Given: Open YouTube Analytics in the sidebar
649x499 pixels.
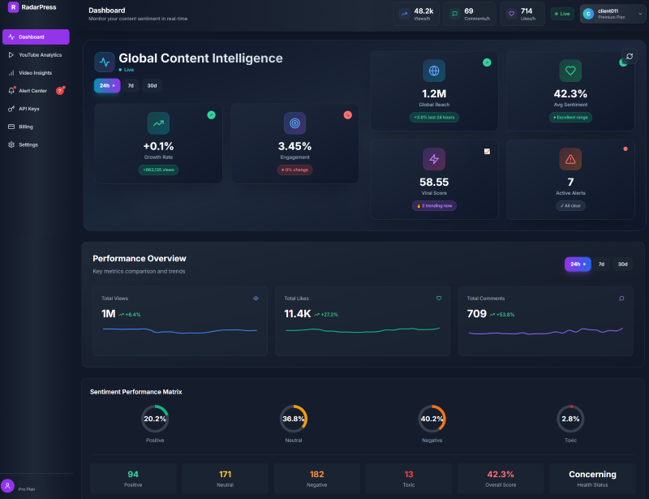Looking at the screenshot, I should (x=40, y=55).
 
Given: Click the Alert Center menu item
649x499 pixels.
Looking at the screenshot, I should (x=32, y=91).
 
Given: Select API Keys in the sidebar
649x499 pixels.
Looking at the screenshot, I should (x=28, y=109).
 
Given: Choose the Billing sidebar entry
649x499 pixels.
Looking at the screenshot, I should (x=26, y=127).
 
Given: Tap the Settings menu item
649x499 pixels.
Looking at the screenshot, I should (x=28, y=144).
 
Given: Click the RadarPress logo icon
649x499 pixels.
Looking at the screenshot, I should (x=14, y=7).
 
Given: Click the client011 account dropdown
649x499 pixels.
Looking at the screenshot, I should (x=612, y=14).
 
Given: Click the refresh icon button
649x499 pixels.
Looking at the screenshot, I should (x=630, y=56).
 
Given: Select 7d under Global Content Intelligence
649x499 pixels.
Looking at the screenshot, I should (x=131, y=85).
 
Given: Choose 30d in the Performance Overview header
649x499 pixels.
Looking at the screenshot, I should (x=622, y=264).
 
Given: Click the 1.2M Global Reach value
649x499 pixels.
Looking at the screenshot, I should (x=434, y=93).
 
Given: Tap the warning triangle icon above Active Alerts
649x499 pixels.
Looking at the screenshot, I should (x=570, y=159).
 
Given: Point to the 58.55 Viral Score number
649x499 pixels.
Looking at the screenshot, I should (x=434, y=182).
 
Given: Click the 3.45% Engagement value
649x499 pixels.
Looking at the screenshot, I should (x=294, y=146).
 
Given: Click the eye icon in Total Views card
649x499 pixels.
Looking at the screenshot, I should (x=256, y=299).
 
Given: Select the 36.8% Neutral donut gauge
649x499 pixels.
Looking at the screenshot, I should (x=294, y=419).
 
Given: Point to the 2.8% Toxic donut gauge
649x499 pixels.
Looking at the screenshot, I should (x=570, y=419).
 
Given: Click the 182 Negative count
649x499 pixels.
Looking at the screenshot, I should (x=316, y=474).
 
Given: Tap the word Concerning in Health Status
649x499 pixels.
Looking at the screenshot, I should (x=592, y=474).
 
